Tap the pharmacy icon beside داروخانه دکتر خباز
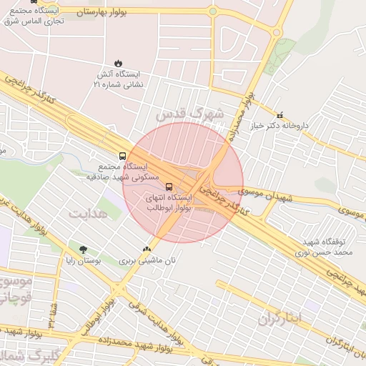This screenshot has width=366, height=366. click(x=279, y=114)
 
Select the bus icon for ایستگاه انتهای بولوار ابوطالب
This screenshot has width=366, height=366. click(x=169, y=180)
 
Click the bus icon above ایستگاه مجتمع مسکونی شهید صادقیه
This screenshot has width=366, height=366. click(x=123, y=156)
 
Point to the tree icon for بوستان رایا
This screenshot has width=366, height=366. click(x=84, y=249)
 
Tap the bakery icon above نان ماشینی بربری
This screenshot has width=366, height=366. click(x=147, y=249)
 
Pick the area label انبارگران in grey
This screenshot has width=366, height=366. click(x=280, y=315)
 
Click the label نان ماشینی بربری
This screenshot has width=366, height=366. click(x=147, y=260)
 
